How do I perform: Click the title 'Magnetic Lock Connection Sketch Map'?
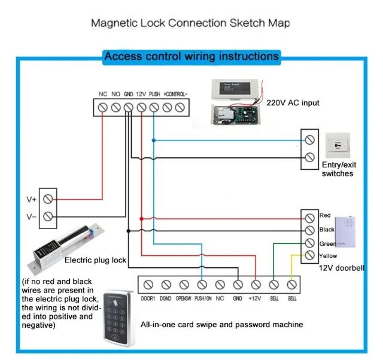pos(190,24)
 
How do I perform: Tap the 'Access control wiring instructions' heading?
pos(191,57)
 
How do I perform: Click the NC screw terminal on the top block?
pos(103,107)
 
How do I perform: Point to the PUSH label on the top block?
pos(154,94)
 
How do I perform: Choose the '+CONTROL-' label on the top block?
pos(175,94)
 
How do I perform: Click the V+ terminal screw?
pos(48,199)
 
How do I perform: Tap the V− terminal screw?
pos(48,216)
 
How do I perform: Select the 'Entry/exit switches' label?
pos(338,169)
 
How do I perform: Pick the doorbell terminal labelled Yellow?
pos(309,255)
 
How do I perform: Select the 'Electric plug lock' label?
pos(95,260)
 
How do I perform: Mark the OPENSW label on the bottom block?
pos(183,297)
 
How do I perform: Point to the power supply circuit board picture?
pos(234,114)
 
